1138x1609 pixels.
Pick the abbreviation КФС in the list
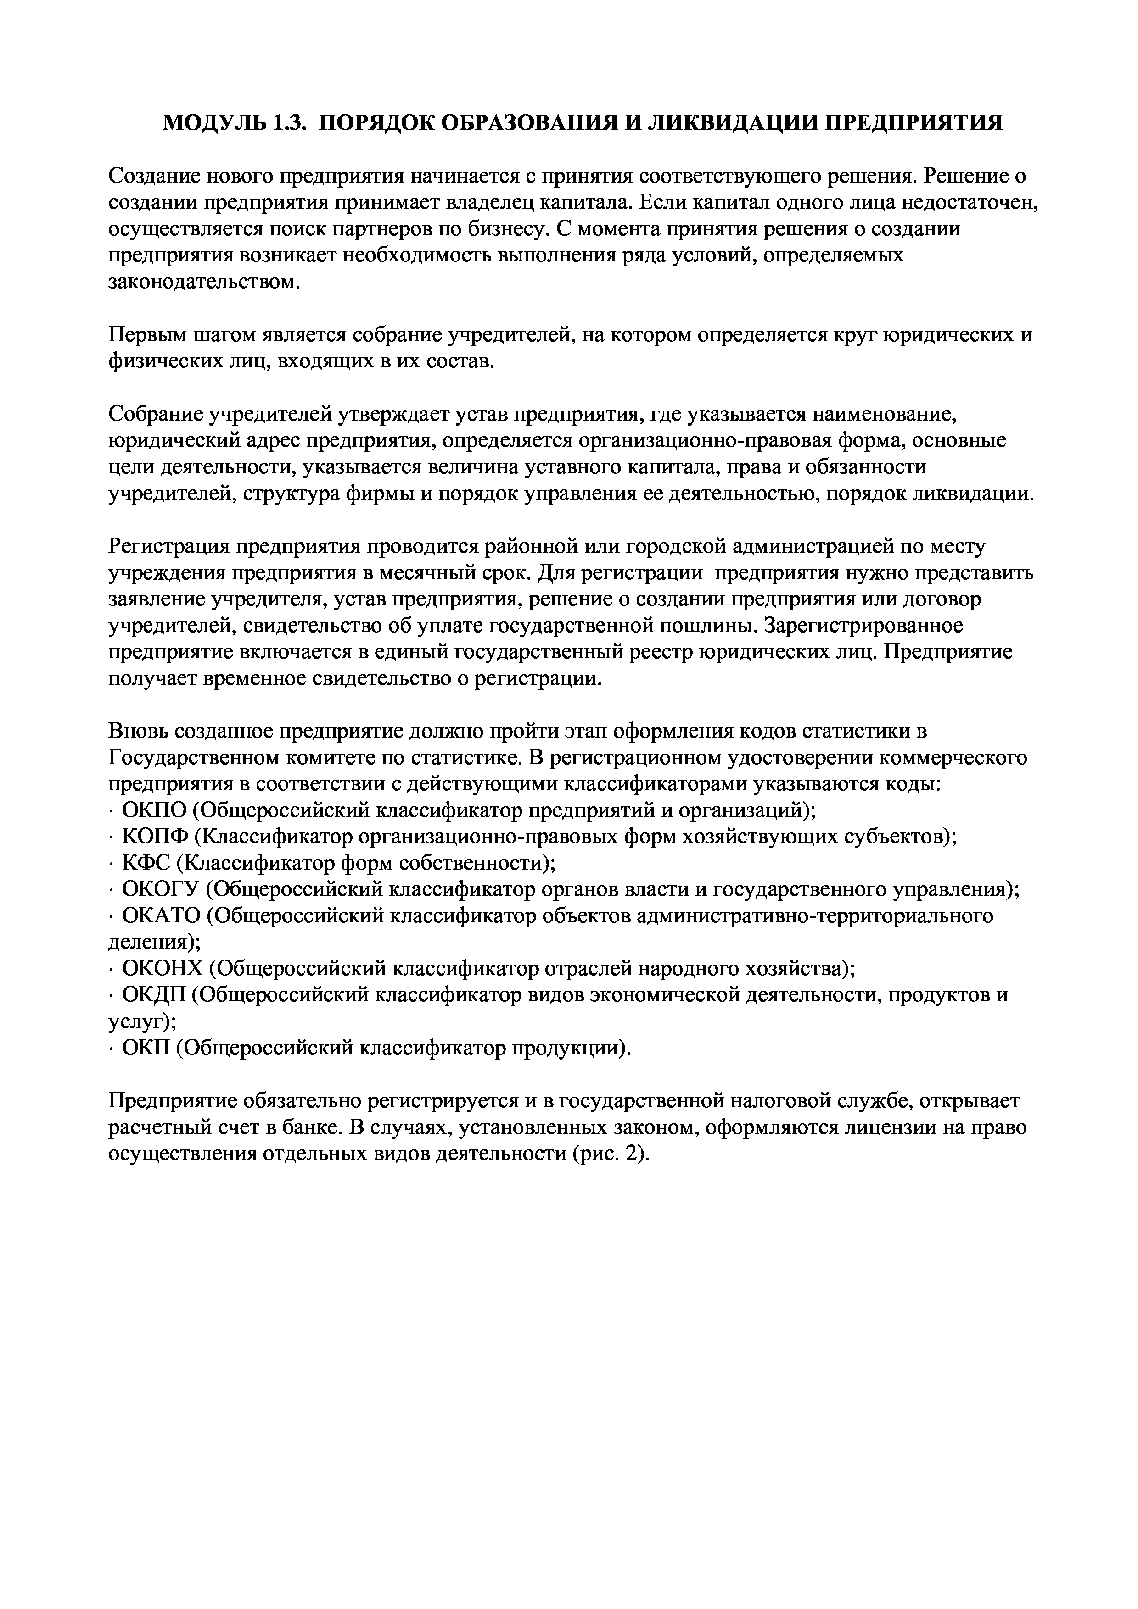[145, 864]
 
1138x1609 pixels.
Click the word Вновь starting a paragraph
[139, 732]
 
